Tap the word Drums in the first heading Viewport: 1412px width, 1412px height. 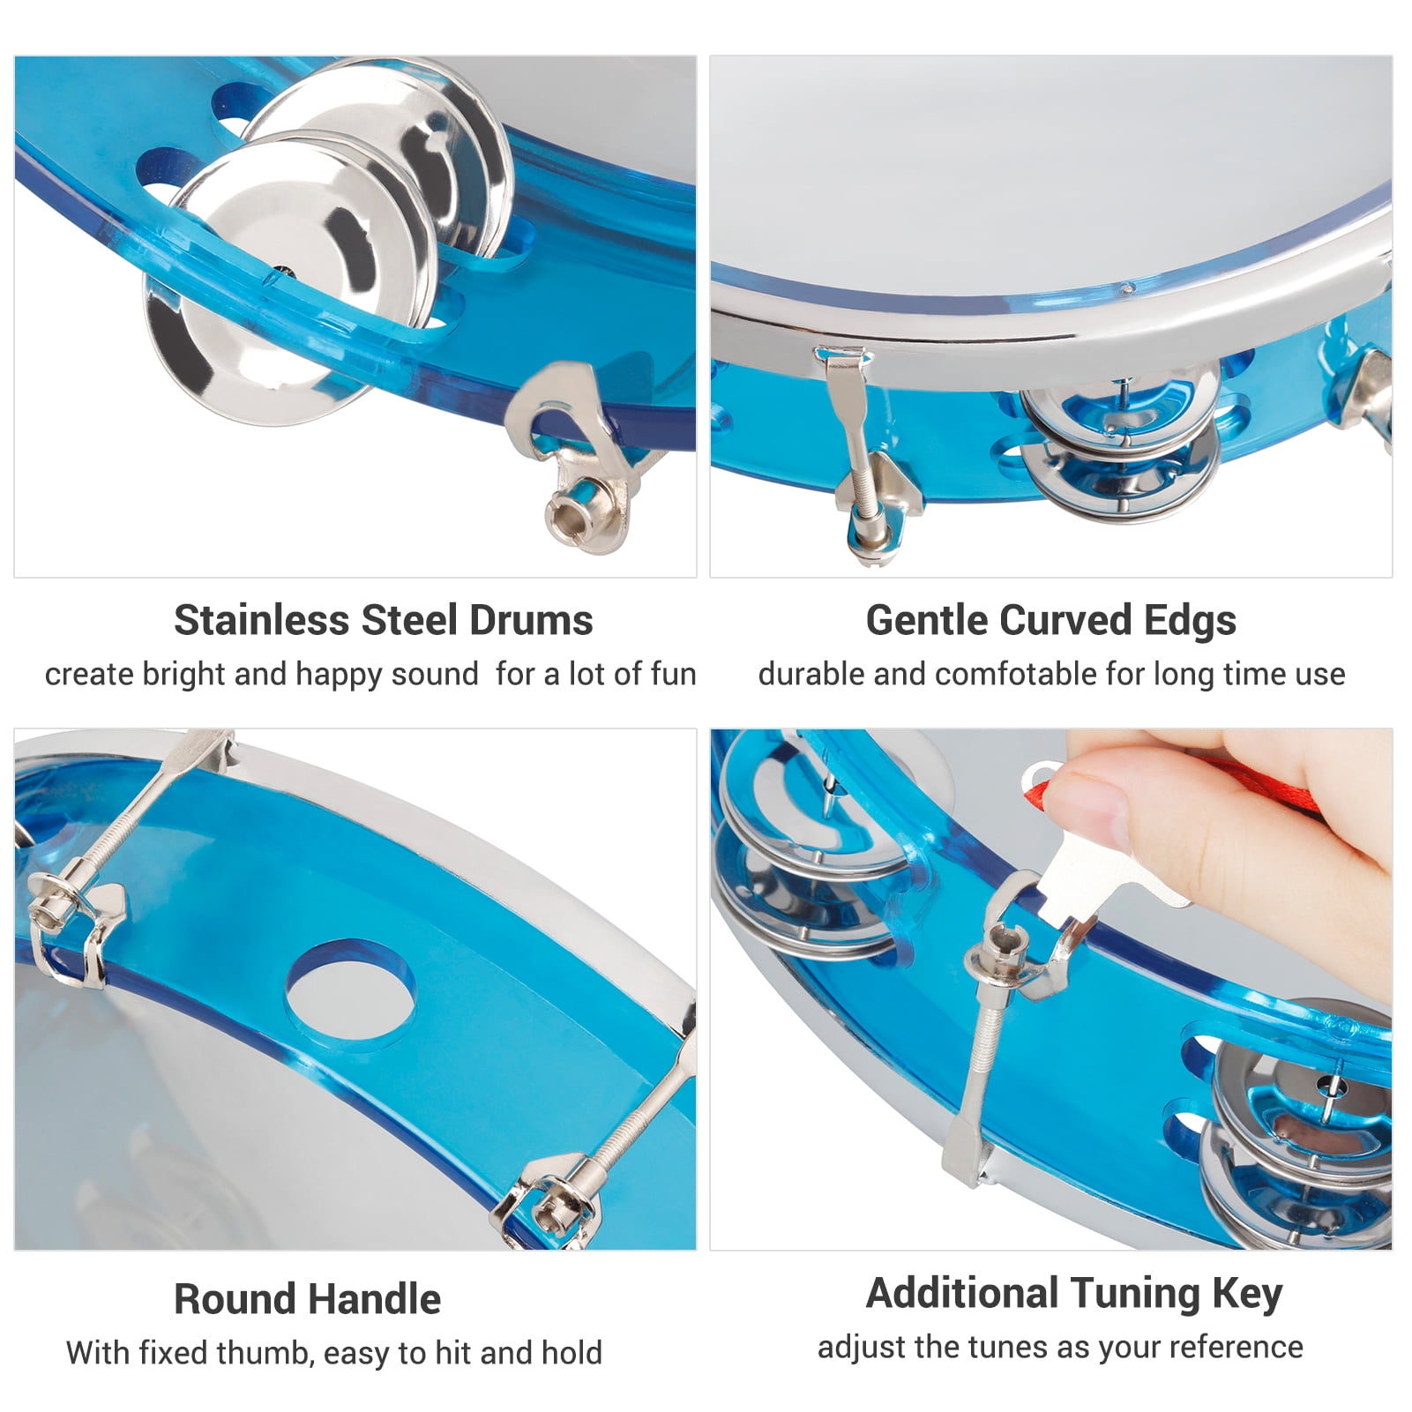pos(531,620)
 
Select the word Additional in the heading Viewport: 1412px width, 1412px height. pos(963,1294)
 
